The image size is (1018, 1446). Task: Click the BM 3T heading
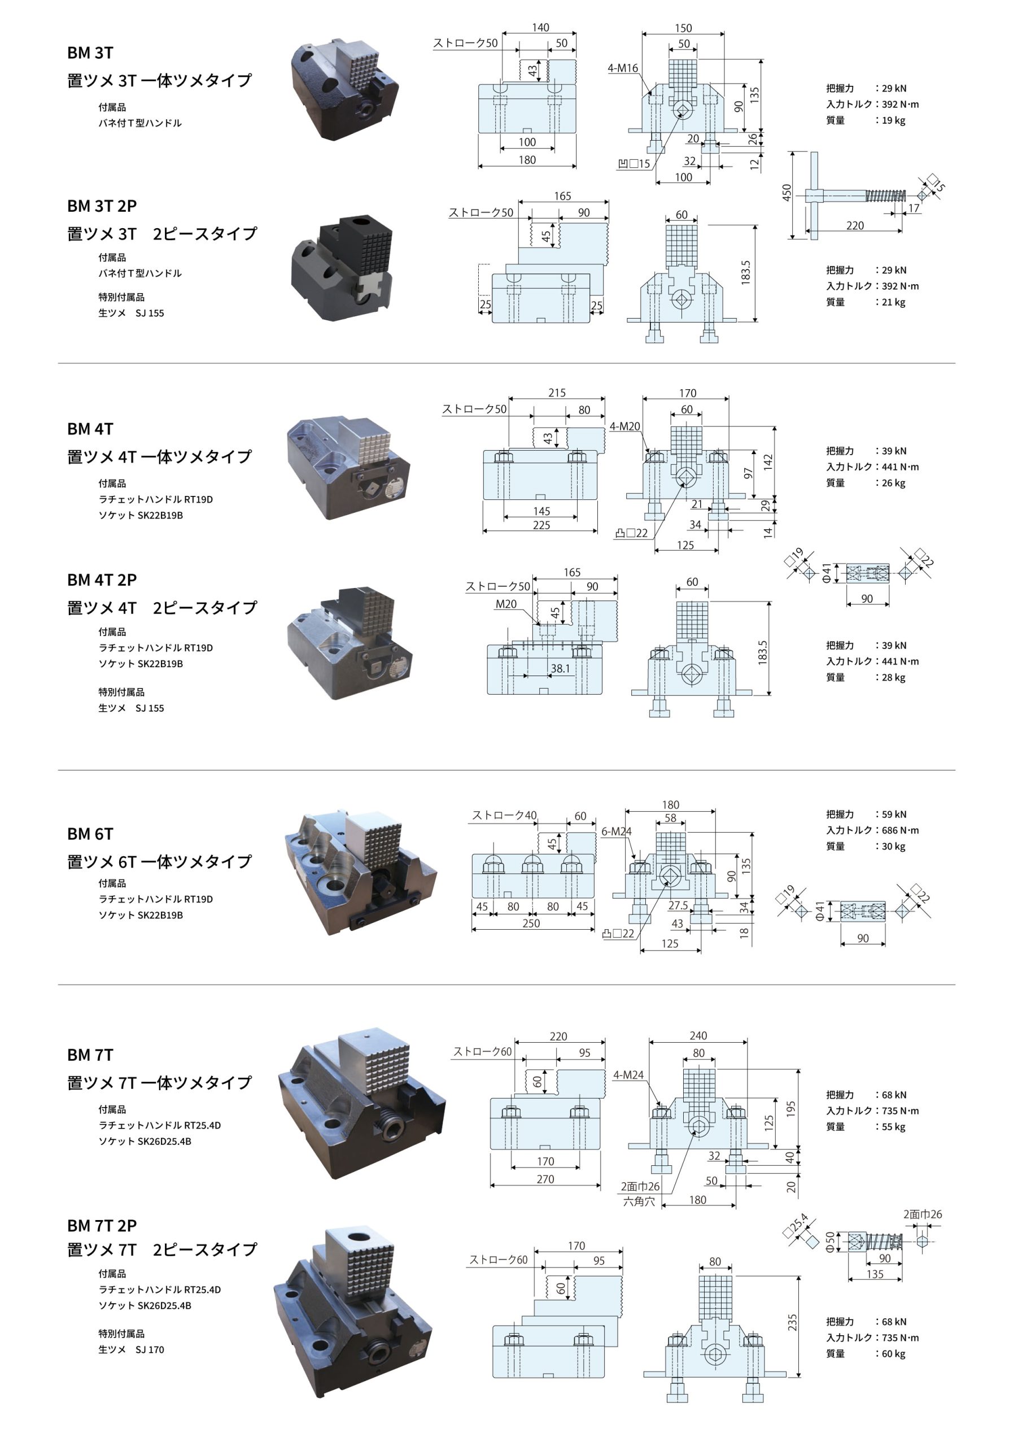(x=90, y=53)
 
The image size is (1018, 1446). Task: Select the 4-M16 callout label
(x=622, y=68)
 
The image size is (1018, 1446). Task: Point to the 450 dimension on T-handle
(x=787, y=193)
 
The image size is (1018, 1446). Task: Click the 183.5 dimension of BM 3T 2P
(x=745, y=273)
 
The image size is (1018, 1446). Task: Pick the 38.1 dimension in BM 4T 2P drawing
(x=560, y=668)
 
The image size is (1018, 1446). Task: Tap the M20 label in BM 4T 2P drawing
(x=505, y=604)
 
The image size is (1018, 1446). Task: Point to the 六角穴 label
(x=639, y=1201)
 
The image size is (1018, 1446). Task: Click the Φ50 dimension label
(x=830, y=1242)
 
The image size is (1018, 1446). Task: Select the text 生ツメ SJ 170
(x=131, y=1349)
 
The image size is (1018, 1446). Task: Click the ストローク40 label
(x=504, y=815)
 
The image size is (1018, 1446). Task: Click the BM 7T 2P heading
(x=102, y=1225)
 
